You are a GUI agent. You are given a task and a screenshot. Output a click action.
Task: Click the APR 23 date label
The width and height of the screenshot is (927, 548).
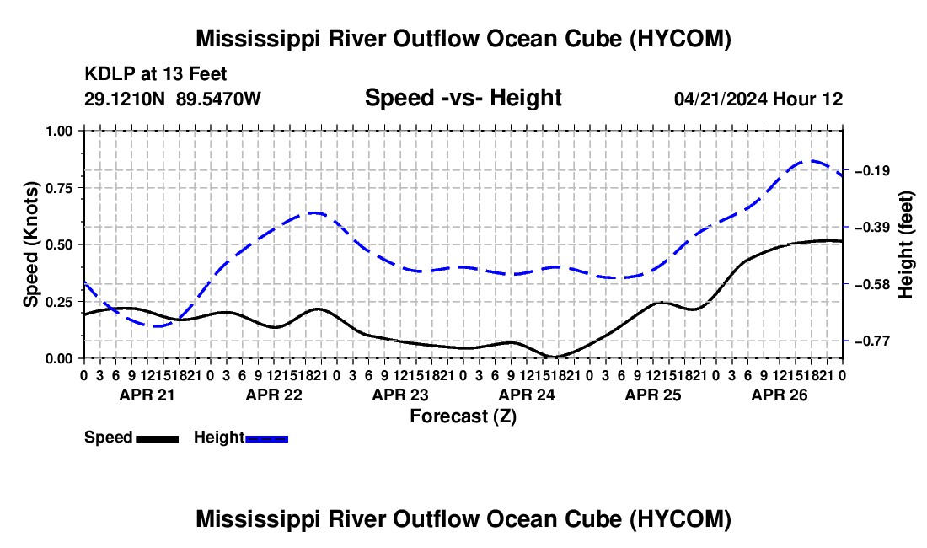click(x=400, y=395)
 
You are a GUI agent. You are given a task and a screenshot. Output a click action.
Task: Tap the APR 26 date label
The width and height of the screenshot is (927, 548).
click(x=780, y=395)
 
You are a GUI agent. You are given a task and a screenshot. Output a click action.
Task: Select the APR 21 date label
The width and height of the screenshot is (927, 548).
click(x=147, y=395)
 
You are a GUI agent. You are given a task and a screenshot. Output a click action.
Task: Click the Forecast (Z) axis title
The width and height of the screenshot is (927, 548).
click(x=463, y=416)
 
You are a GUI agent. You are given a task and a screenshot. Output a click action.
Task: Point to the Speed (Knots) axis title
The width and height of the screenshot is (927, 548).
click(x=30, y=244)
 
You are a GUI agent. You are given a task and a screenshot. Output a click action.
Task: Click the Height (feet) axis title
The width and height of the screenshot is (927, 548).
click(x=905, y=244)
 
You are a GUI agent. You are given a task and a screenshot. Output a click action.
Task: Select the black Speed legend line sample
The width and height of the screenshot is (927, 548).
click(x=158, y=438)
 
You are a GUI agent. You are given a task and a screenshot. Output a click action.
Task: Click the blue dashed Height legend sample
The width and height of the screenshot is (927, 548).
click(x=266, y=438)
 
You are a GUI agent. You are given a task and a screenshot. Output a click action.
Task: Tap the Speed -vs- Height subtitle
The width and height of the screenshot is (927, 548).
click(x=463, y=98)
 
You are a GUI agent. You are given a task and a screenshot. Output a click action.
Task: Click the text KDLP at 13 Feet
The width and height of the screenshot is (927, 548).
click(x=156, y=74)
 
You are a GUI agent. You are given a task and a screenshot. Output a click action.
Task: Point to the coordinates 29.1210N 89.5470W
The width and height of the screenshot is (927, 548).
click(x=172, y=99)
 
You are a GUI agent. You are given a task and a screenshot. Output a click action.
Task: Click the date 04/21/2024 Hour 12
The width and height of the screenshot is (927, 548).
click(x=758, y=99)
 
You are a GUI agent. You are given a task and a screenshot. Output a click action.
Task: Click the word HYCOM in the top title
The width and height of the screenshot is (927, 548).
click(x=679, y=39)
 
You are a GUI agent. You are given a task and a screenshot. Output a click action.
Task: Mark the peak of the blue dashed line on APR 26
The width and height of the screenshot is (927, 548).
click(x=811, y=161)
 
